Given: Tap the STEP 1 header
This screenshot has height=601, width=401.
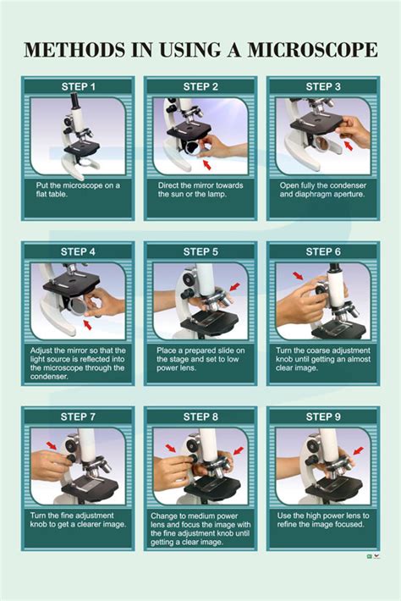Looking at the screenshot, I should pyautogui.click(x=78, y=86).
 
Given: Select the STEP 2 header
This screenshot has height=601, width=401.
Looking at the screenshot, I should pyautogui.click(x=200, y=86).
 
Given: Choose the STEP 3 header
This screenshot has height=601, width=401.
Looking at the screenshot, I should pyautogui.click(x=323, y=86).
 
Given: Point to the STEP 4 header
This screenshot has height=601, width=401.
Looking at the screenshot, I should pyautogui.click(x=78, y=251).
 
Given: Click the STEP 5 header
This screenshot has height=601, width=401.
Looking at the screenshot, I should pyautogui.click(x=200, y=251).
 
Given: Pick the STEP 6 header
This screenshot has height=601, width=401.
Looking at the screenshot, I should pyautogui.click(x=323, y=251).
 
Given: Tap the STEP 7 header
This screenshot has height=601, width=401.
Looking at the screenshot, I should pyautogui.click(x=78, y=416).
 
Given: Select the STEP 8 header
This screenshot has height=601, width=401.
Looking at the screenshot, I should pyautogui.click(x=200, y=416).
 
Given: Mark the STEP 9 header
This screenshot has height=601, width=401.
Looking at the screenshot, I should pyautogui.click(x=323, y=416).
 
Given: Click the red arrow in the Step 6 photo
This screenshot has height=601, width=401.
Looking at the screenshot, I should pyautogui.click(x=299, y=277).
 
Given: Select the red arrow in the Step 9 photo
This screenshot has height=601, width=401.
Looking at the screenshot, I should pyautogui.click(x=358, y=452).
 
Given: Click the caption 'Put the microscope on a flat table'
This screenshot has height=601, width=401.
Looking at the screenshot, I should pyautogui.click(x=78, y=189).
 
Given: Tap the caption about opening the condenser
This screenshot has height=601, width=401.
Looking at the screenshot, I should pyautogui.click(x=323, y=189).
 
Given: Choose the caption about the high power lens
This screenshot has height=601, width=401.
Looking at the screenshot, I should pyautogui.click(x=323, y=520).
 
